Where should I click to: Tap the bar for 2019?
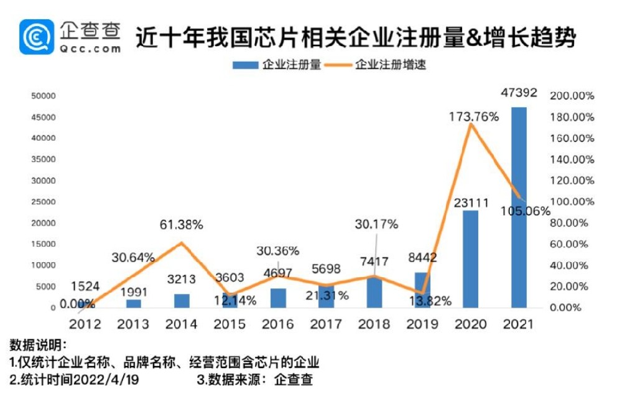point(422,290)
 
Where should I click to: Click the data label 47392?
point(519,93)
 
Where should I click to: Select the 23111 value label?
point(471,202)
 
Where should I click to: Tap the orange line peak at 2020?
point(471,125)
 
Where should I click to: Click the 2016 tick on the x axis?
point(278,324)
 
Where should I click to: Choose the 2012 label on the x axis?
point(85,324)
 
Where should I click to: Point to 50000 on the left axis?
point(44,97)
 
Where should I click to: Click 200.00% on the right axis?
point(573,97)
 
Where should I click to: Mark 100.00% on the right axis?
point(573,202)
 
